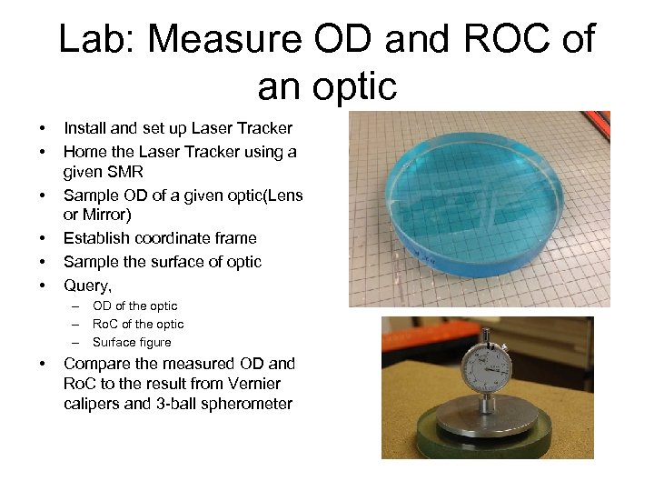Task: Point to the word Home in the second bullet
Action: tap(84, 152)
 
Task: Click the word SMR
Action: tap(124, 171)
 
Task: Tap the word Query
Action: tap(84, 286)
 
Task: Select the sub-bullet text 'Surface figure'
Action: tap(132, 343)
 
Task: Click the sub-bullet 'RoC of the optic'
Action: tap(138, 325)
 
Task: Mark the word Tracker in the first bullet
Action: tap(262, 128)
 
